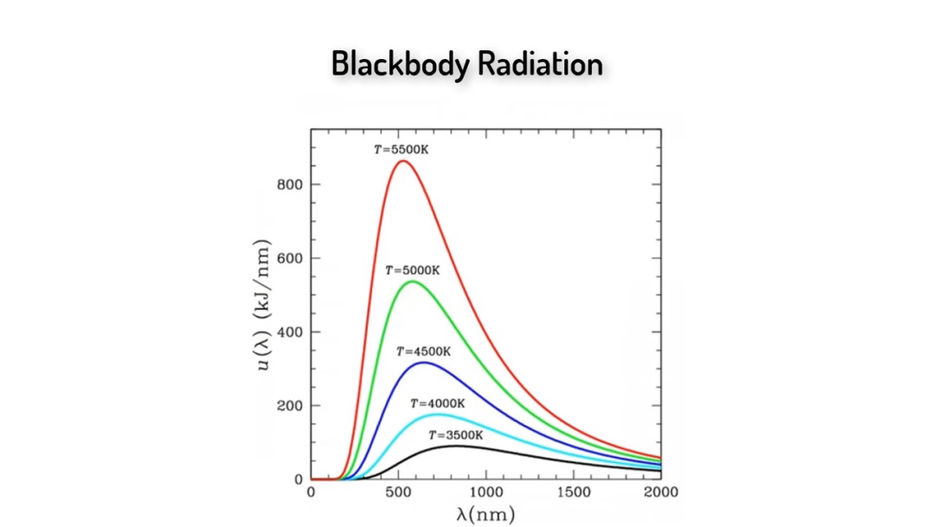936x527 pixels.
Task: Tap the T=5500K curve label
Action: (400, 149)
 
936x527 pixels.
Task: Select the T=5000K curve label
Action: (413, 270)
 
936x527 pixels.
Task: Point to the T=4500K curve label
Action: (424, 352)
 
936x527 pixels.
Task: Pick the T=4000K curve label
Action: (438, 404)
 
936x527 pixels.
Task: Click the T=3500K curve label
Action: (455, 435)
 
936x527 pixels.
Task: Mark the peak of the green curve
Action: (413, 282)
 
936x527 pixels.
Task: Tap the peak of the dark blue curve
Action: (423, 362)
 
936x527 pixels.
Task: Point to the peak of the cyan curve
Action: (438, 414)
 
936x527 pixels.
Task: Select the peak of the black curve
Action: (457, 446)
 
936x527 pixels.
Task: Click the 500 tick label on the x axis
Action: (399, 492)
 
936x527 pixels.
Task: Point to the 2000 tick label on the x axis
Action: (660, 492)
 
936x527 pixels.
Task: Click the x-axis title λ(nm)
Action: (485, 513)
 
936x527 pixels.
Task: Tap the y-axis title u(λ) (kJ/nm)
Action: (263, 303)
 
